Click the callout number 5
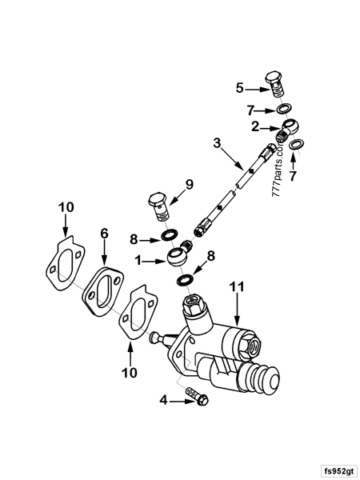pos(239,87)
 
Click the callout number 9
pos(190,185)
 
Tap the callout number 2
pos(254,126)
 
